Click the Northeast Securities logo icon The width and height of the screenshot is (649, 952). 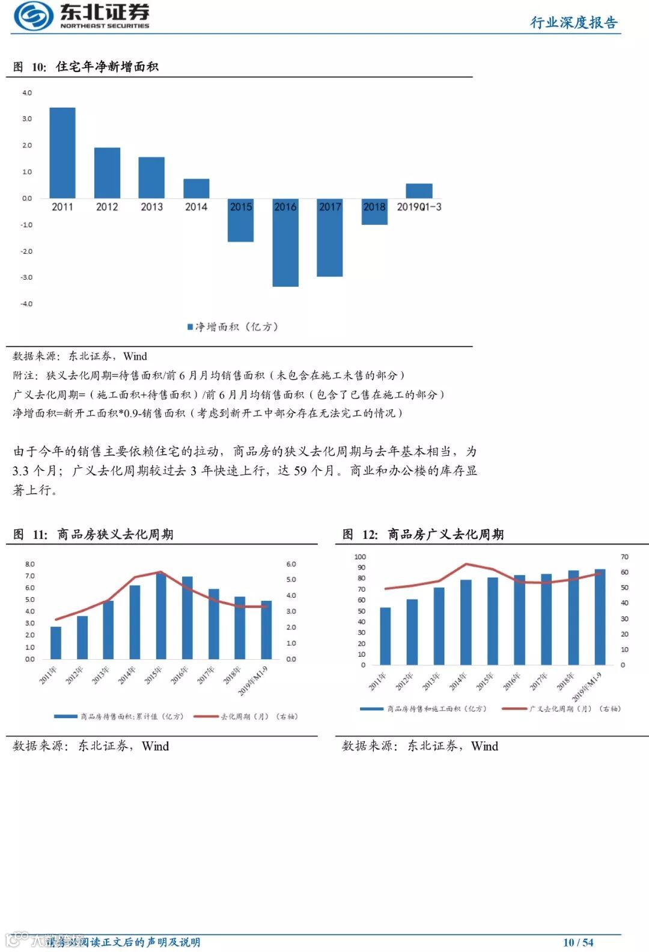[34, 16]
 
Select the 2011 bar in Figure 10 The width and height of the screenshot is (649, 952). [62, 153]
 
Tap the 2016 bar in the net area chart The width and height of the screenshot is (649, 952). [285, 242]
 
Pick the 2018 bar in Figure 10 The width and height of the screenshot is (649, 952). [374, 212]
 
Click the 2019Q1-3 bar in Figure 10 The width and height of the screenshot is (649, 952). [419, 191]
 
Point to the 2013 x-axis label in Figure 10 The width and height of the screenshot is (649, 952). [151, 207]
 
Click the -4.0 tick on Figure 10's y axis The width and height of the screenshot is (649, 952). [26, 304]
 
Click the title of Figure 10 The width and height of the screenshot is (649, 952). [86, 67]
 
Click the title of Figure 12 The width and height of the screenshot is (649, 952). [423, 534]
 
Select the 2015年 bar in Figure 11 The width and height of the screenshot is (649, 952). [161, 616]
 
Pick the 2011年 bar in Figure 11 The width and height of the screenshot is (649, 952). [56, 643]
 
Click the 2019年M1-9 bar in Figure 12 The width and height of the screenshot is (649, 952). [600, 617]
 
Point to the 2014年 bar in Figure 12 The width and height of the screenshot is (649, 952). [466, 622]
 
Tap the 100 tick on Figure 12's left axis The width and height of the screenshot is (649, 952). [360, 557]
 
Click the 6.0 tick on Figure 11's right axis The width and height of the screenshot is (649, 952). [291, 564]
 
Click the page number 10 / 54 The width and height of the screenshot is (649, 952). [578, 942]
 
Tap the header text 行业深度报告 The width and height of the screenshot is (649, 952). [574, 23]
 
